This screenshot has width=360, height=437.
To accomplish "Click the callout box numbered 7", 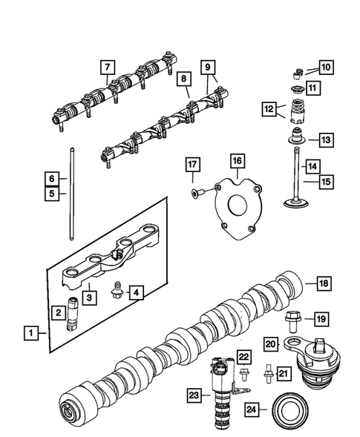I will [108, 68].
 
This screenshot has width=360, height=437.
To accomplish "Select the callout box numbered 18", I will [324, 283].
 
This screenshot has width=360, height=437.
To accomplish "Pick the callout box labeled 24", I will [252, 408].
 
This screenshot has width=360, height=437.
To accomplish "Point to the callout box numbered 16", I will [236, 160].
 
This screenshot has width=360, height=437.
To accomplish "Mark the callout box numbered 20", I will [271, 343].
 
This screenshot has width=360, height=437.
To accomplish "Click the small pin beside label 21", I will [265, 376].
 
